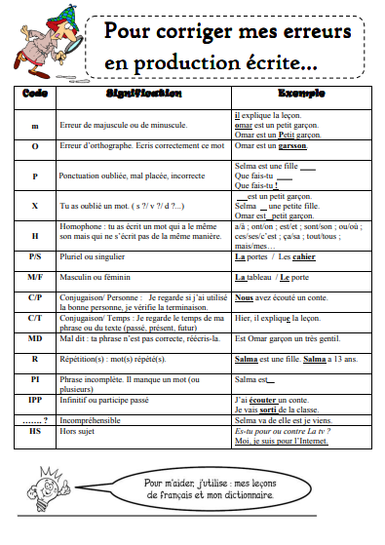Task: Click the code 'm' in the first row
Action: [35, 127]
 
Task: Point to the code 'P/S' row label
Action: [35, 257]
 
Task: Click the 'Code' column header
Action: [35, 95]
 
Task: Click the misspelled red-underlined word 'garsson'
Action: [292, 146]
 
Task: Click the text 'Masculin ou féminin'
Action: [96, 276]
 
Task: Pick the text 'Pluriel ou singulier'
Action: [95, 257]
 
